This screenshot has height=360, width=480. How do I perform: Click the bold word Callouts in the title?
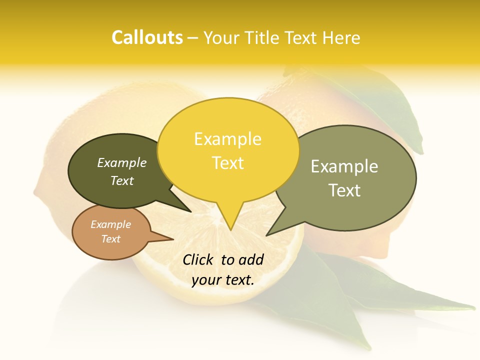click(147, 37)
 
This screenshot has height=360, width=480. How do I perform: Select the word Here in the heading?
click(342, 37)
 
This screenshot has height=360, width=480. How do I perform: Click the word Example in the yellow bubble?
click(227, 139)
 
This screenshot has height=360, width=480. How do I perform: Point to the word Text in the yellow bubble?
click(227, 163)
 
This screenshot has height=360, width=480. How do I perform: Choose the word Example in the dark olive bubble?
click(122, 162)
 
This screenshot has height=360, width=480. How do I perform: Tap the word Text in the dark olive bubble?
click(122, 180)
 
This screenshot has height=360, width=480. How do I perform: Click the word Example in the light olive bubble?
click(344, 166)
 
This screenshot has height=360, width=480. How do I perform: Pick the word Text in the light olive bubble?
click(344, 190)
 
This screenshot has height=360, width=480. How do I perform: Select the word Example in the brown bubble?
click(110, 224)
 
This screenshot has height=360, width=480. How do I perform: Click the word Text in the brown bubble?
click(110, 239)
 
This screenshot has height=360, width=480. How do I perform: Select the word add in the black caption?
click(250, 259)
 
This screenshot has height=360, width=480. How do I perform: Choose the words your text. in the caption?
click(222, 280)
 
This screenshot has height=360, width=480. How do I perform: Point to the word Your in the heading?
click(222, 37)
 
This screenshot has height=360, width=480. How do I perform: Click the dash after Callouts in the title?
click(193, 37)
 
